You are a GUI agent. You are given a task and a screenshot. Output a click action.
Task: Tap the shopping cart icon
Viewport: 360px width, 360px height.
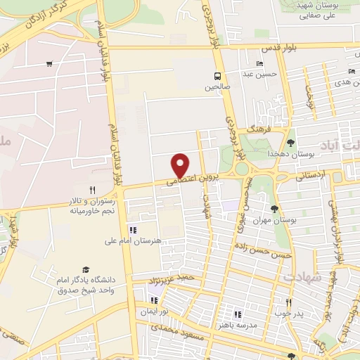pos(49,64)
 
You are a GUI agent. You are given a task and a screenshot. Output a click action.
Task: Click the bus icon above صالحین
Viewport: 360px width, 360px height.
pos(217,75)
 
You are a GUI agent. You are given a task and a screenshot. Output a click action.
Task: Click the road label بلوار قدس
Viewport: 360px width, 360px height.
pos(265,48)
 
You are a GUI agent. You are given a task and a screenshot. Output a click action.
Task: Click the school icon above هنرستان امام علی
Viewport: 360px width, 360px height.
pos(132,229)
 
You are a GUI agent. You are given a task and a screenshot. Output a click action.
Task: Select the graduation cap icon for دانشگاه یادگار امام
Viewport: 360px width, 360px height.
pos(86,270)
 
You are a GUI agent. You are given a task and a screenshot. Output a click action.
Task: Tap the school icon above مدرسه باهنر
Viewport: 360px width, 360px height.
pos(237,314)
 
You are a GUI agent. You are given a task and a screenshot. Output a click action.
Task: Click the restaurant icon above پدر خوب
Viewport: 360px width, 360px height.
pos(288,302)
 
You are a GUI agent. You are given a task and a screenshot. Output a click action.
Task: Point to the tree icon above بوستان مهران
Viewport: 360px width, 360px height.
pos(274,208)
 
